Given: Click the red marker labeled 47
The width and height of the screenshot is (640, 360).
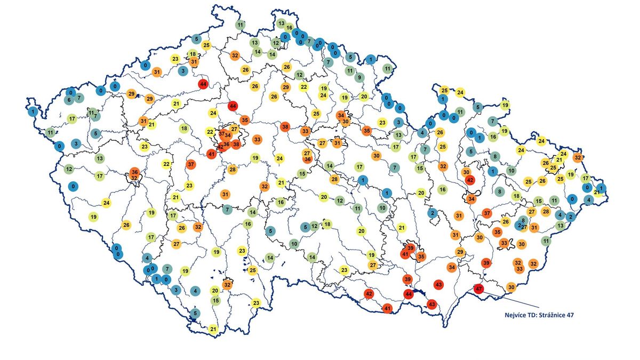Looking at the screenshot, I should tap(478, 289).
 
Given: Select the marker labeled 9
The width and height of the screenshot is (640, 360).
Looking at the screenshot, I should tap(359, 77).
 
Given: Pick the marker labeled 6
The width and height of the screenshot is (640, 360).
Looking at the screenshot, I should tap(69, 100).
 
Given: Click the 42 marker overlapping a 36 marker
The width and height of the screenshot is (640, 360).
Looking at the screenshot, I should tap(221, 146).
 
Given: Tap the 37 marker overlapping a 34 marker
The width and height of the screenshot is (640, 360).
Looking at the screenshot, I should tap(222, 134).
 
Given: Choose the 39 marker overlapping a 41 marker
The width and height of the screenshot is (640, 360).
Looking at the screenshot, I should tap(410, 249).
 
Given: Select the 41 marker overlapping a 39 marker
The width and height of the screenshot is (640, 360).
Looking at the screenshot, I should tap(405, 255).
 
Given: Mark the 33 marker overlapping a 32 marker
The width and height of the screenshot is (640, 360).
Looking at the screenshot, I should tap(519, 269).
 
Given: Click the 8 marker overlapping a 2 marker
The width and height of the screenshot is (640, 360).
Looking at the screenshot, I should tap(523, 220).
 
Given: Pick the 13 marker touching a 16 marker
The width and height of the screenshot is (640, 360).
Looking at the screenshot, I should tap(281, 23).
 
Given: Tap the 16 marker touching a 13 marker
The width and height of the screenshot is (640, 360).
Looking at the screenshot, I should tap(289, 28).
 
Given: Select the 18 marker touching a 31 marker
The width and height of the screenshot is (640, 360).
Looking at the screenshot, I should tap(193, 54).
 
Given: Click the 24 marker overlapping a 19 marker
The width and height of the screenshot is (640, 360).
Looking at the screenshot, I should tap(323, 95).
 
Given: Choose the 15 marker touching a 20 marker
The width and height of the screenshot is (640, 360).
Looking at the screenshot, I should tap(215, 300).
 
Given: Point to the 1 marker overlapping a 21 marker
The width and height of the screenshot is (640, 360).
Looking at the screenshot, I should tap(601, 187).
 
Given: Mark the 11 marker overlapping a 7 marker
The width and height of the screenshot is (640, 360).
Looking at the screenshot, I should tap(91, 113).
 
